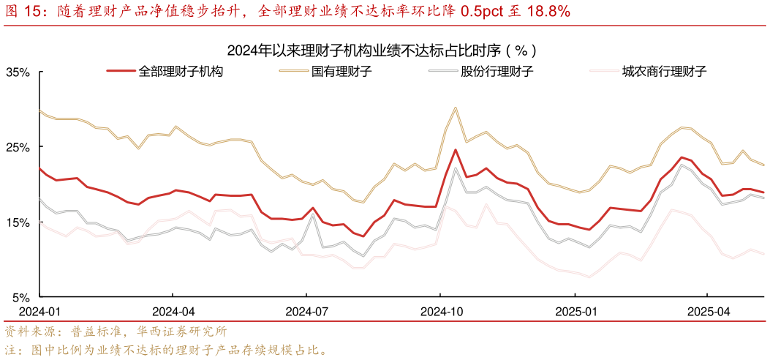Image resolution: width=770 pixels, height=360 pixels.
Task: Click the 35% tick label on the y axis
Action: click(18, 72)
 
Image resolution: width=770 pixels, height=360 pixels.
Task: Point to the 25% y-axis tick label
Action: click(18, 147)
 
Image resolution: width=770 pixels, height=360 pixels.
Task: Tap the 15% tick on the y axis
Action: click(18, 222)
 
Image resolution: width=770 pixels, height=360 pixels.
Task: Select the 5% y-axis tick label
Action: click(20, 297)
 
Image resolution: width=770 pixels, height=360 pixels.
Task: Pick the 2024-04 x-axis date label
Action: click(173, 310)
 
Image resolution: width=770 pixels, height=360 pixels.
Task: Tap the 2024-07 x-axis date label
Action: click(307, 310)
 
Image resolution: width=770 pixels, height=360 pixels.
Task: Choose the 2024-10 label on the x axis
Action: click(442, 310)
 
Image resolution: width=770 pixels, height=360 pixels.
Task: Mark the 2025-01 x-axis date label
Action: click(575, 310)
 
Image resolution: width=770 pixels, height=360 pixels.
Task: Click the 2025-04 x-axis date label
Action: click(709, 310)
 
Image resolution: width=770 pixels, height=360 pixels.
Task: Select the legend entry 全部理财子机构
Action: click(181, 72)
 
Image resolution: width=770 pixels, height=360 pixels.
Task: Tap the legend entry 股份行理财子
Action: click(497, 72)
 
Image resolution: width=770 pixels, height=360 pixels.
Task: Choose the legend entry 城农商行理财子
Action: click(663, 72)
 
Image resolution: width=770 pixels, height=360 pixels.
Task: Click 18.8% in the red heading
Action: click(546, 11)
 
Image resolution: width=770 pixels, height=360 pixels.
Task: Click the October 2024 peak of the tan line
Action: click(455, 108)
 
